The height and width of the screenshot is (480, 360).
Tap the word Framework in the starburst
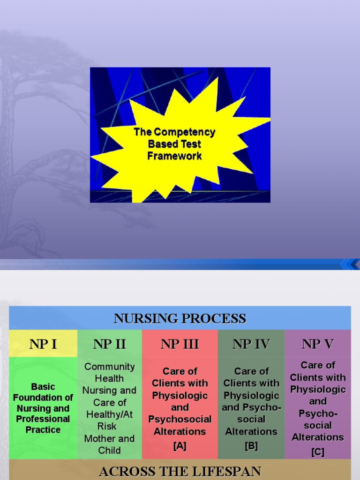[174, 156]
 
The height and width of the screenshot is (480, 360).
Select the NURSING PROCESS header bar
[180, 319]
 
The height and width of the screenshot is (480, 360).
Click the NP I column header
[43, 344]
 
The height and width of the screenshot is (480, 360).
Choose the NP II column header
[110, 344]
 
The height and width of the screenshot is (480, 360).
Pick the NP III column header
[180, 344]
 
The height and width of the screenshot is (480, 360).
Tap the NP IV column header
[251, 344]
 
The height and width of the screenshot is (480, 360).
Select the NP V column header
[318, 344]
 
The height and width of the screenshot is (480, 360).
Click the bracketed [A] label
[180, 446]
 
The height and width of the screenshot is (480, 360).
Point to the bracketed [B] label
[251, 446]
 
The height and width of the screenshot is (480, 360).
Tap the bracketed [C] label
[318, 452]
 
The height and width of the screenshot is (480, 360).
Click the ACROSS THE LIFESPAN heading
[180, 471]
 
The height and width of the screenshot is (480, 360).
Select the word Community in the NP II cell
[110, 367]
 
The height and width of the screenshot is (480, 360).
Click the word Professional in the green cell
[43, 419]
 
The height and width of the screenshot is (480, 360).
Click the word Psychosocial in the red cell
[180, 419]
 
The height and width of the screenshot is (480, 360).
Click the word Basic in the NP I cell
[43, 387]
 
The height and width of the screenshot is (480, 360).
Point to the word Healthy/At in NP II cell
[110, 414]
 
